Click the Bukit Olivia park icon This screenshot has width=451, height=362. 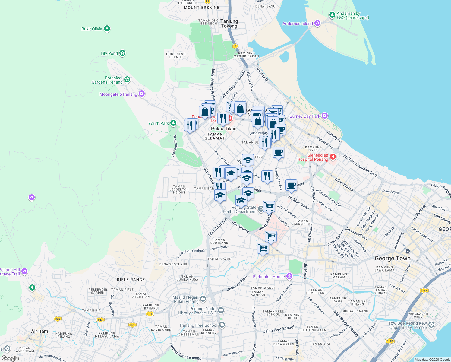107,29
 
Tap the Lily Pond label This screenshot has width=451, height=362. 109,53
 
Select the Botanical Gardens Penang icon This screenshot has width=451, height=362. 127,79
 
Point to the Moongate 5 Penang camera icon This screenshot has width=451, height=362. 142,94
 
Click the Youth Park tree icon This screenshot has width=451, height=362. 173,123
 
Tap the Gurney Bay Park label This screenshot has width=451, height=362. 304,116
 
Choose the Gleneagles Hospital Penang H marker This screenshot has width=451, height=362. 333,157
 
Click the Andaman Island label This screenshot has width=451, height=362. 298,24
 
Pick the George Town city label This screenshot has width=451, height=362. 393,258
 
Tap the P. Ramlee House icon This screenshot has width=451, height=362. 289,276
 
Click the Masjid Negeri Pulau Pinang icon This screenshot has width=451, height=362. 203,299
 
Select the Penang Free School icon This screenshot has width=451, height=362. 222,325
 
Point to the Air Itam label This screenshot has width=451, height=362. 39,331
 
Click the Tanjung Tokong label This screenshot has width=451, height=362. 229,24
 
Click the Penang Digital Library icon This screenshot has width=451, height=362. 221,310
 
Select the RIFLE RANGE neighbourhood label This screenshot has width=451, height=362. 131,280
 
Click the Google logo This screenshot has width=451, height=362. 10,358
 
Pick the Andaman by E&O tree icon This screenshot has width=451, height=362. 332,14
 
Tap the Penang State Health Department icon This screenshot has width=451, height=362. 261,208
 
